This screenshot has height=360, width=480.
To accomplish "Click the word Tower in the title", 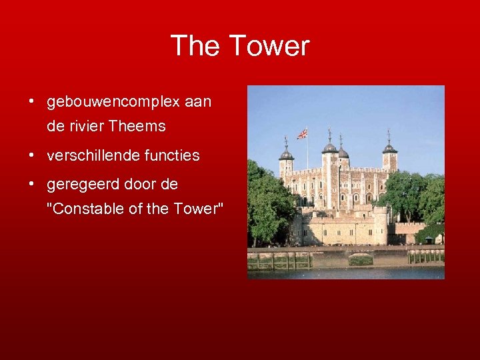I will coord(269,46).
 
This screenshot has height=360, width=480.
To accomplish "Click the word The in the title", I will coord(195,46).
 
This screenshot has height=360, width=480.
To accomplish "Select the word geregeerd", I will coord(79,185).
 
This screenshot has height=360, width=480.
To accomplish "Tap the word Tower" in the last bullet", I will coord(199,209).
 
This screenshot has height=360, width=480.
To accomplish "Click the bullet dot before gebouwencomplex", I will coord(32,102).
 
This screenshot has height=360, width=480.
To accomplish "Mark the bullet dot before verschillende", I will coord(32,155).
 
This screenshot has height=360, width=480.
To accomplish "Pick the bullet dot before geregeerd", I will coord(32,185).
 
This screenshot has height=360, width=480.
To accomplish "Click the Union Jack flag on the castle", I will coord(303,133).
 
